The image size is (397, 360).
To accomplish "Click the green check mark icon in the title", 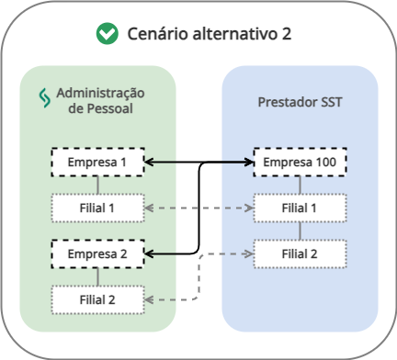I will [x=108, y=35].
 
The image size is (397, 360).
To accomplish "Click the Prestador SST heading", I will [x=300, y=101].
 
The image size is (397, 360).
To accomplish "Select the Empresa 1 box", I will [x=97, y=163].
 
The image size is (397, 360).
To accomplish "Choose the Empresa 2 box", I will [x=97, y=252].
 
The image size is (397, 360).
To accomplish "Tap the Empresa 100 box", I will [x=300, y=163].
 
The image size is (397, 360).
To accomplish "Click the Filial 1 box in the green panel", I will [x=97, y=208].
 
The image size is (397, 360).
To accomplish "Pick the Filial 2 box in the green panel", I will [x=97, y=298].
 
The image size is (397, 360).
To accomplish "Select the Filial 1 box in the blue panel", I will [x=300, y=208].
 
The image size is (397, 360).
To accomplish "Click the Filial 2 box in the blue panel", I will [x=300, y=253].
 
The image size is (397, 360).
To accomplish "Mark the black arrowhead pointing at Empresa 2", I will [x=150, y=252].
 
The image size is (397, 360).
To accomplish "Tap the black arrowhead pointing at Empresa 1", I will [x=150, y=163].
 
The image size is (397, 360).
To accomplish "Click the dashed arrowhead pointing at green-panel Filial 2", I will [x=150, y=298].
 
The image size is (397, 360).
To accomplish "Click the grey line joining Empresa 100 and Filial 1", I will [x=300, y=186].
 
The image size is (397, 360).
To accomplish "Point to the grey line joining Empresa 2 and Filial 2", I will [x=97, y=275].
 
